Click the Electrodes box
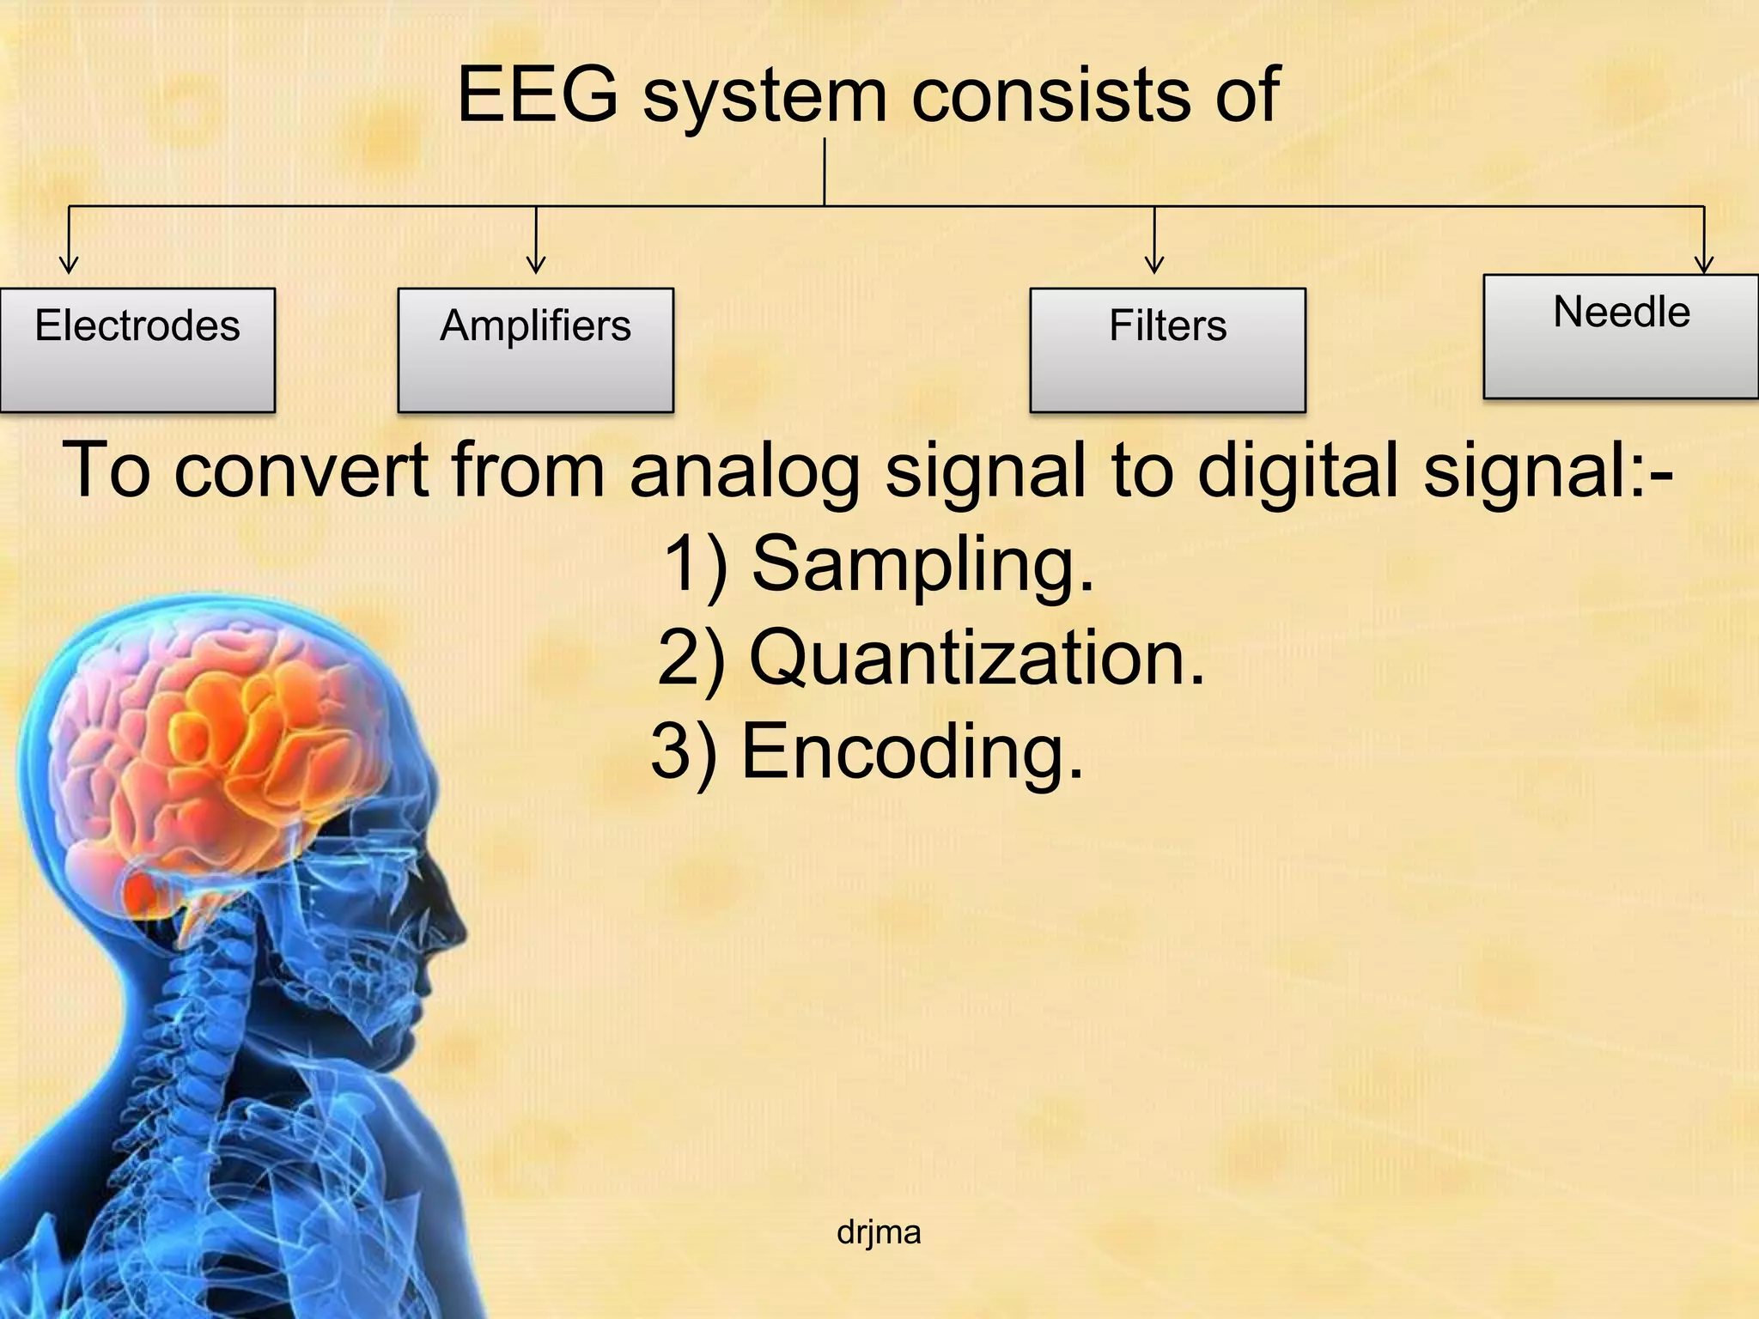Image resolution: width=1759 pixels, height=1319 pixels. (137, 350)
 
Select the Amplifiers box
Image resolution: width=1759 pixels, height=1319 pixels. (535, 350)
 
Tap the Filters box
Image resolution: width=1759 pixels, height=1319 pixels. (1167, 350)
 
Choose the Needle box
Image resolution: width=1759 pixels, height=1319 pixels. (1621, 336)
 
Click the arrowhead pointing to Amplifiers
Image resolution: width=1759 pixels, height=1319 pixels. (536, 264)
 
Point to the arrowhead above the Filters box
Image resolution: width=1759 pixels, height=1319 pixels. (1154, 264)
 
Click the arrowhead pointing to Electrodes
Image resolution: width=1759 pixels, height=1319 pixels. (69, 264)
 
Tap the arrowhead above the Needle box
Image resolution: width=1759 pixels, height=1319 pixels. (1704, 264)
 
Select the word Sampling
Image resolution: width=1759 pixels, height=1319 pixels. (923, 564)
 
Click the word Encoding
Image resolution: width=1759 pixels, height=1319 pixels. (912, 752)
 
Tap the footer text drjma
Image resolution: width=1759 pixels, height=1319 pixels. (879, 1232)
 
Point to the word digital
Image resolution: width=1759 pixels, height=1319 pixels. (1300, 471)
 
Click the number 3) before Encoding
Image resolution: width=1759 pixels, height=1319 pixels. (684, 752)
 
